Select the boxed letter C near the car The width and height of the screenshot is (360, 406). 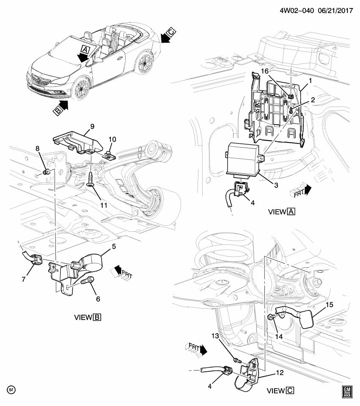click(171, 32)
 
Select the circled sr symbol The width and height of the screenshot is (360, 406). click(11, 388)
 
